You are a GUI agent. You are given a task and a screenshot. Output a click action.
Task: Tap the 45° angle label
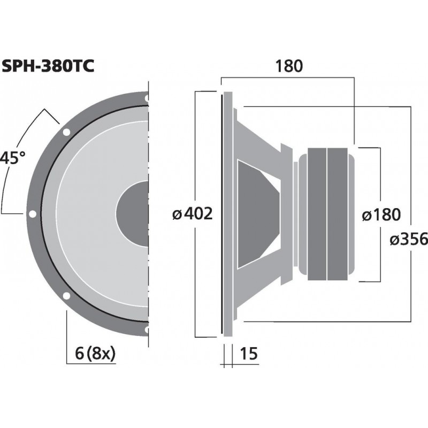(13, 158)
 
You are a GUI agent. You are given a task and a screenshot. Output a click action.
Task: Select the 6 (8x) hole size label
(93, 354)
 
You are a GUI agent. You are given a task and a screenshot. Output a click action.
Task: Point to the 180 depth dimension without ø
(289, 66)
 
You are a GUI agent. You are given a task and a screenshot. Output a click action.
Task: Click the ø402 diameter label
(193, 214)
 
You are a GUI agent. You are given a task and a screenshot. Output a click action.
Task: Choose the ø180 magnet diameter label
(381, 215)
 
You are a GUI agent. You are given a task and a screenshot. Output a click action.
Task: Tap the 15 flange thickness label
(250, 354)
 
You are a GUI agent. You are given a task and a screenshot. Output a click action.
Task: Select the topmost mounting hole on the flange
(146, 98)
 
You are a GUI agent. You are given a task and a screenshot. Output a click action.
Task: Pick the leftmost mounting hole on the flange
(33, 213)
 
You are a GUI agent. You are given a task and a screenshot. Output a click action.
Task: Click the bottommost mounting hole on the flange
(146, 329)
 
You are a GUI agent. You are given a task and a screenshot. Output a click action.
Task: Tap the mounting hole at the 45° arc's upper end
(66, 132)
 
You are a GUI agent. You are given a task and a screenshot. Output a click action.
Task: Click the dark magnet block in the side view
(326, 214)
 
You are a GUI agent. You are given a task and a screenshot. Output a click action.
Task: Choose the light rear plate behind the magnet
(351, 214)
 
